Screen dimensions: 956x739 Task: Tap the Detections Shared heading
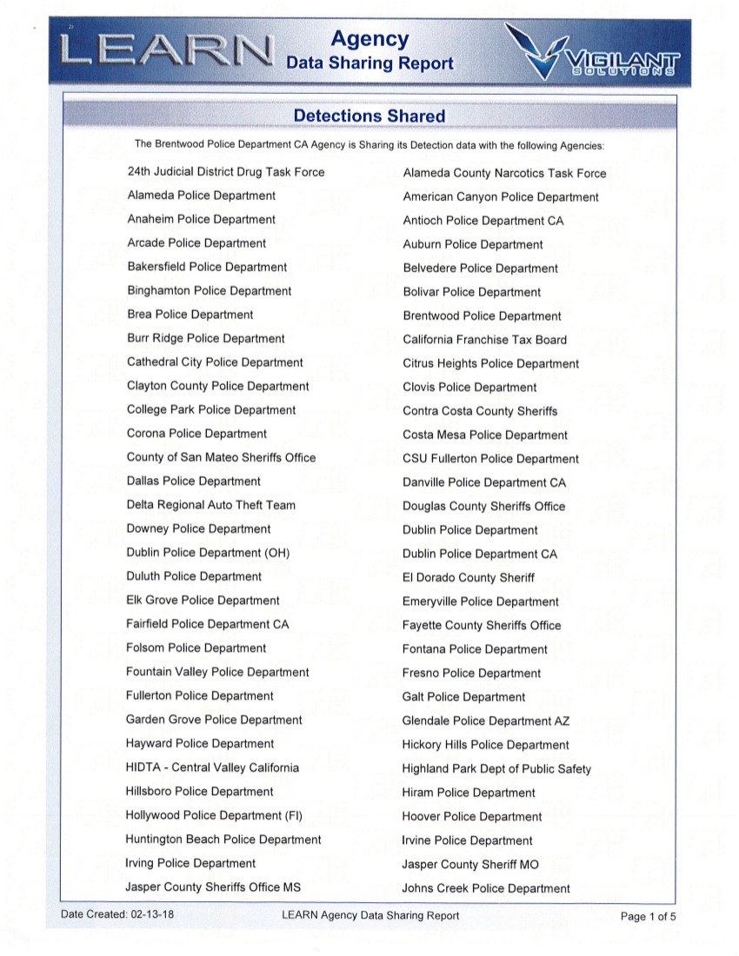369,116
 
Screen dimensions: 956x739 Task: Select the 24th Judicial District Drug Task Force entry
225,172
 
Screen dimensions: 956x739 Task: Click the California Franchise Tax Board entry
484,340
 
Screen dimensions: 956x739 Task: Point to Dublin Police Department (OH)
208,553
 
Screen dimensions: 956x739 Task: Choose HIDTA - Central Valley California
212,767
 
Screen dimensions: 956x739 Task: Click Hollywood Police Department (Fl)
214,815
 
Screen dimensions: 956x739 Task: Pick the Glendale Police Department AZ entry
486,720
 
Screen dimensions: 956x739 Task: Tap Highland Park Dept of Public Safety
496,768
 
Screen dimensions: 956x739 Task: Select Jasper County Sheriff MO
470,864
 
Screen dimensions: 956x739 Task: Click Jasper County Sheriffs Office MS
214,886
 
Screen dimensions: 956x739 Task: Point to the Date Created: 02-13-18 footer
117,915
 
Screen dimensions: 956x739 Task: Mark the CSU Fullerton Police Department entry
490,459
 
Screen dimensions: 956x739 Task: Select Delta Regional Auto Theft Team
210,505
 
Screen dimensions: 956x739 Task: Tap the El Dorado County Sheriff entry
468,577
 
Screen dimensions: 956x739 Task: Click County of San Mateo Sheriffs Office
221,457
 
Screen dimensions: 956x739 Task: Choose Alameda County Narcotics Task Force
504,173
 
